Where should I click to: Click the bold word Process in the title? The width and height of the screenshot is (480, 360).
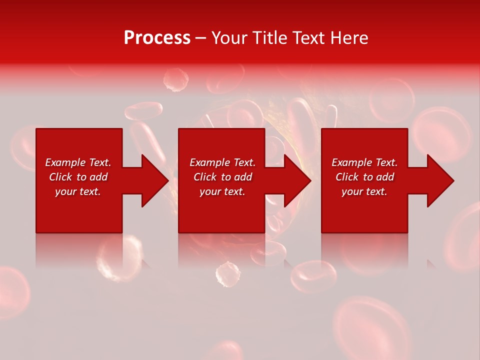pos(157,38)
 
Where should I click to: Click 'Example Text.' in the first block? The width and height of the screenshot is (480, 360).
pos(78,162)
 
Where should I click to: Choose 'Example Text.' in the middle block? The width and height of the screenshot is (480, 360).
pos(222,162)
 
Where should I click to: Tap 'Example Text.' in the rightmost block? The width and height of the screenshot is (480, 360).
pos(364,162)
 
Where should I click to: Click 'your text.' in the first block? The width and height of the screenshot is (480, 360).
pos(78,191)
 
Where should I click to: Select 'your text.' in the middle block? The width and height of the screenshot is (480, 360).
pos(222,191)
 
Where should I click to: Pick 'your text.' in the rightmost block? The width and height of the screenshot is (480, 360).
pos(364,191)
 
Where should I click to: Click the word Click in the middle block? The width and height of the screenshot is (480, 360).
pos(205,177)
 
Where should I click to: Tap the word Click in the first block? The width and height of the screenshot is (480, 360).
pos(61,177)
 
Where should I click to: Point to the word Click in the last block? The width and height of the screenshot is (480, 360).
pos(347,177)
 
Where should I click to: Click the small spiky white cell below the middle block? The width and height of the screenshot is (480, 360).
pos(227,274)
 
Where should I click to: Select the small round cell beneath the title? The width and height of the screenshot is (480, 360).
pos(176,80)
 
